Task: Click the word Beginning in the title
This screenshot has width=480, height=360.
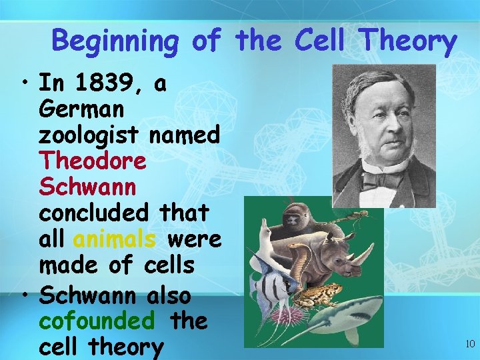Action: click(x=115, y=41)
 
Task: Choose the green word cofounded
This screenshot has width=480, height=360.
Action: click(x=97, y=321)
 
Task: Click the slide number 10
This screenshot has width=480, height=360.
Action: click(x=470, y=344)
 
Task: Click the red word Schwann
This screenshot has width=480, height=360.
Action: click(x=87, y=187)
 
